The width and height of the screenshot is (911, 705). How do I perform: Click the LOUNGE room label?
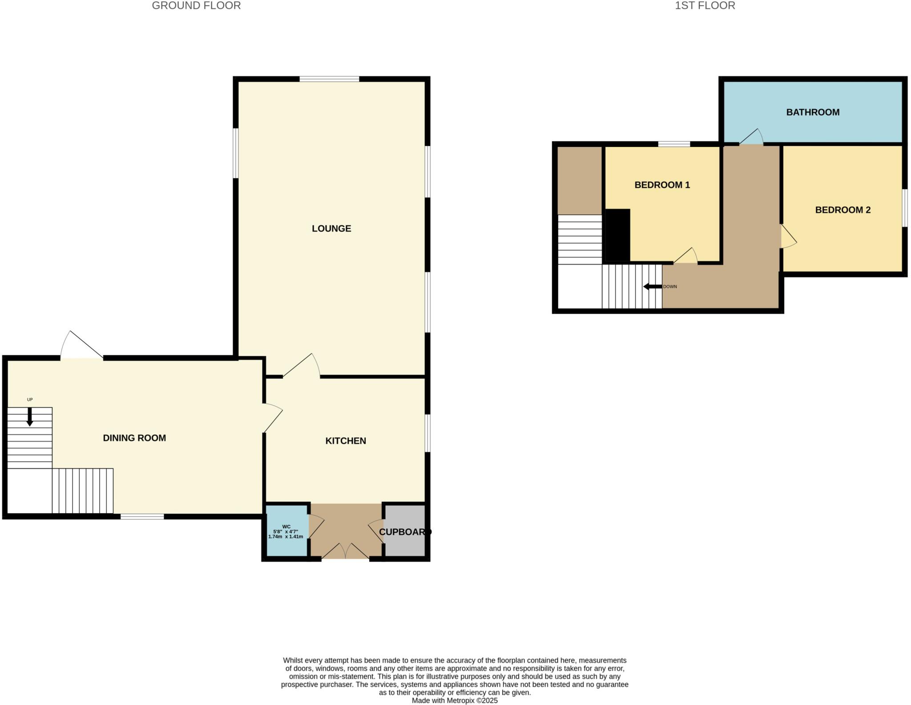click(331, 228)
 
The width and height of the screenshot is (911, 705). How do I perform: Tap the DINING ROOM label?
click(134, 438)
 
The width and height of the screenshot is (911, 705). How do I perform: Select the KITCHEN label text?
click(346, 440)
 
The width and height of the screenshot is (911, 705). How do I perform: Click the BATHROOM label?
click(813, 112)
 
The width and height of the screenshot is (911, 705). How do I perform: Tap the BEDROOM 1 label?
click(662, 185)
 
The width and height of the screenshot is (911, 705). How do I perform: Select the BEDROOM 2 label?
click(842, 210)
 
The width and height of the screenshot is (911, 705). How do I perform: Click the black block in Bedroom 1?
click(618, 235)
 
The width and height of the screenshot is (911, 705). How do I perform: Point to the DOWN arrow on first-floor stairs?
click(653, 286)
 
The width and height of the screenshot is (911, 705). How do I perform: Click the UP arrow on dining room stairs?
click(30, 417)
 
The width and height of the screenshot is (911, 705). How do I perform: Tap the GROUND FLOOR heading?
click(196, 6)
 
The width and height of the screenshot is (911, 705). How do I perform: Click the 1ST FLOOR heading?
click(705, 6)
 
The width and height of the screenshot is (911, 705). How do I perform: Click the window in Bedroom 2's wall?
click(904, 208)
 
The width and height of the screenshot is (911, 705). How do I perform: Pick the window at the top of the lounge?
click(329, 79)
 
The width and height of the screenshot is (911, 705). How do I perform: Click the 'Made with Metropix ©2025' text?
click(454, 700)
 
